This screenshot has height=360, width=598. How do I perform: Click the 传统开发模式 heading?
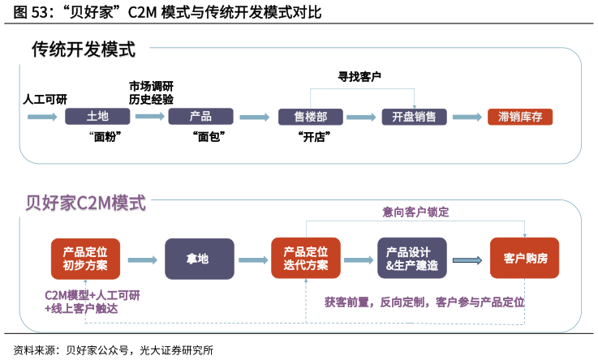84,51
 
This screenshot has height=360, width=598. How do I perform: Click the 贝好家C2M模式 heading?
85,203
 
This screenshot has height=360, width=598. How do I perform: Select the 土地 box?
97,117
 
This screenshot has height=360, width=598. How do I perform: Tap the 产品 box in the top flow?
200,117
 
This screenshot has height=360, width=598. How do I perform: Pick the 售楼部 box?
311,117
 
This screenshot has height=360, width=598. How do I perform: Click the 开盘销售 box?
415,117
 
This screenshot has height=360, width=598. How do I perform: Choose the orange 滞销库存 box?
520,117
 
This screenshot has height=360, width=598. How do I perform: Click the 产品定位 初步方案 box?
85,259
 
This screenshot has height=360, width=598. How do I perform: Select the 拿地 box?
199,259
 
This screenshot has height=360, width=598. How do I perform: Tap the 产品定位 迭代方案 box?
306,259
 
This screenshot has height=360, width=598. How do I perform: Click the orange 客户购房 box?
525,259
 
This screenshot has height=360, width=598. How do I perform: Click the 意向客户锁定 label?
415,212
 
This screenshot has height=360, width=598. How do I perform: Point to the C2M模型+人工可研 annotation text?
92,295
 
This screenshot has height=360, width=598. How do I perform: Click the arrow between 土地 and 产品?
149,117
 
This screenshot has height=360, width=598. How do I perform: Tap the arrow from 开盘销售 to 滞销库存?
467,117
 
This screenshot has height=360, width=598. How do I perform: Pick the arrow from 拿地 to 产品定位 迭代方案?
252,259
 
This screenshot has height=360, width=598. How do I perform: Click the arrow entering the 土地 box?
42,117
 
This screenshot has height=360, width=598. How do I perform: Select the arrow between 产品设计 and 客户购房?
468,259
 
